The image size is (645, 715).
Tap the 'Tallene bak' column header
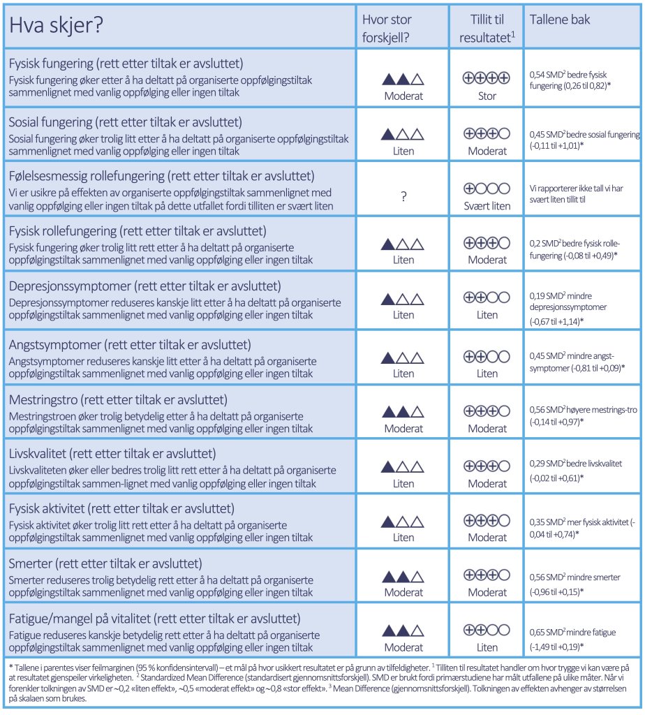[x=559, y=20]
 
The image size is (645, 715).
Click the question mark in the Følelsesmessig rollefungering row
[x=403, y=197]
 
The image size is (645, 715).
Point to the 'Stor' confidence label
[x=487, y=96]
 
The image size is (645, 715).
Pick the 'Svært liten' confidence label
[x=487, y=205]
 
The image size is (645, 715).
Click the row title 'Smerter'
[x=105, y=563]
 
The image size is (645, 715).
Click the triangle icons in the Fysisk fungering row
[x=403, y=80]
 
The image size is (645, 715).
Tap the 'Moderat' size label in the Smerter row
[x=403, y=592]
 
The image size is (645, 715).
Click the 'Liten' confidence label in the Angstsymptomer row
[x=487, y=374]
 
